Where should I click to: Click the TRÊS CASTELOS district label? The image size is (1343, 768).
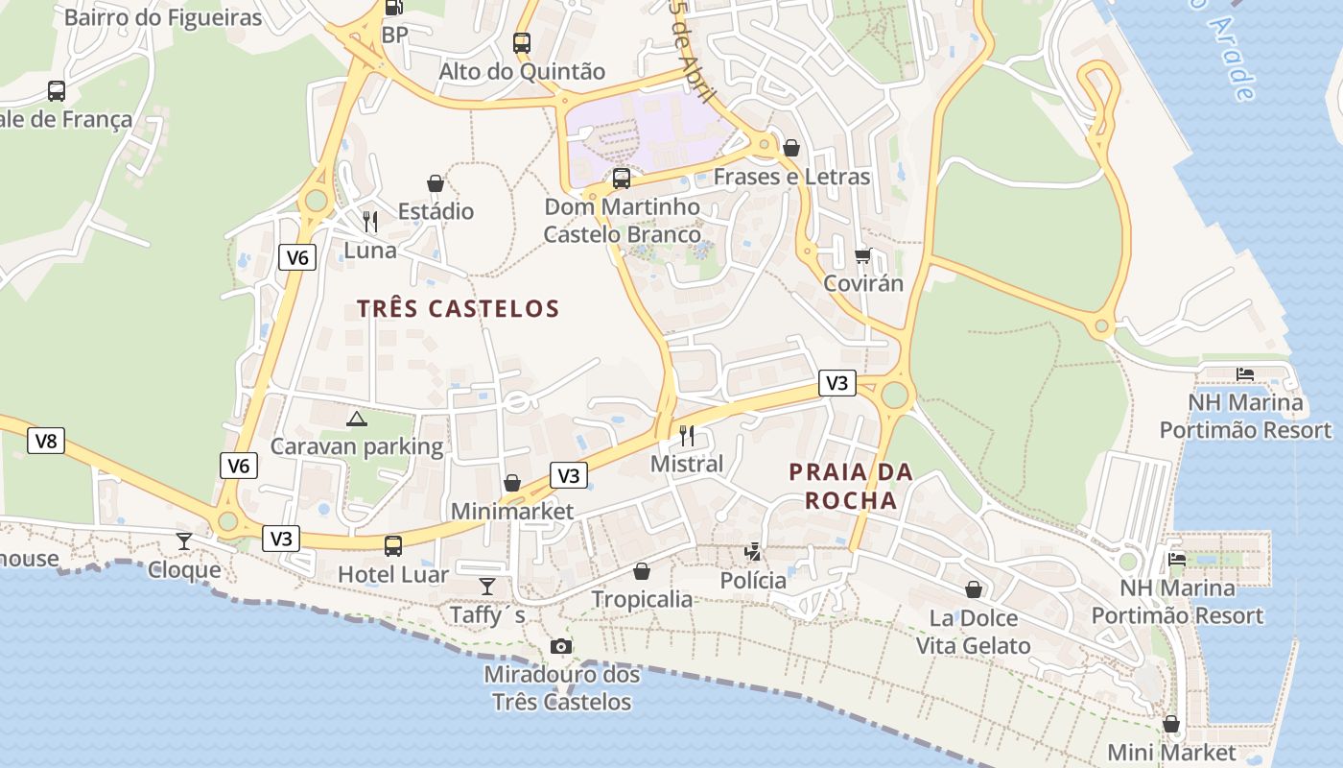click(x=458, y=308)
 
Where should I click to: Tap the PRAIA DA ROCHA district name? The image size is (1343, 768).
click(x=850, y=486)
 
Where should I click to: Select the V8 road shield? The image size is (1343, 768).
click(x=46, y=441)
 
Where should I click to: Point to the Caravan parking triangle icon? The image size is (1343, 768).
click(x=357, y=419)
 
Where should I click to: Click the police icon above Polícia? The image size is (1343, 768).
click(x=754, y=552)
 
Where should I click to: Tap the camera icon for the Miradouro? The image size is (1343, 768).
click(x=561, y=646)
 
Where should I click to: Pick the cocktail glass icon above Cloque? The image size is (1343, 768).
click(x=184, y=540)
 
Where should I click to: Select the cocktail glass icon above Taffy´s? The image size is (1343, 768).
click(x=487, y=585)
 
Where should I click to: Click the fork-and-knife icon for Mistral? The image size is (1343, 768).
click(x=687, y=435)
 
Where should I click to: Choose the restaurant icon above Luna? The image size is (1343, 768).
click(x=370, y=222)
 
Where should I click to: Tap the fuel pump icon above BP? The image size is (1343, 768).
click(x=393, y=8)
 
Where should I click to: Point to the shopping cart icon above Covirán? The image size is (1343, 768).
click(x=862, y=255)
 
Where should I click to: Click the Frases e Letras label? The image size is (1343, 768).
click(x=791, y=177)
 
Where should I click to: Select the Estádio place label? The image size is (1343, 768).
click(x=436, y=211)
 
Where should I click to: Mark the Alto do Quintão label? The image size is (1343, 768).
click(x=522, y=72)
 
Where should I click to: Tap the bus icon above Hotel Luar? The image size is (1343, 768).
click(x=393, y=546)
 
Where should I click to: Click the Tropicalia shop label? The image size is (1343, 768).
click(x=642, y=599)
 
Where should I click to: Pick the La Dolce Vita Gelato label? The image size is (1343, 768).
click(x=973, y=632)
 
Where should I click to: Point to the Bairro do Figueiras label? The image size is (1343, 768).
click(x=163, y=17)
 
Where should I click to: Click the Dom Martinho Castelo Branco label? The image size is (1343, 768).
click(x=622, y=221)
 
